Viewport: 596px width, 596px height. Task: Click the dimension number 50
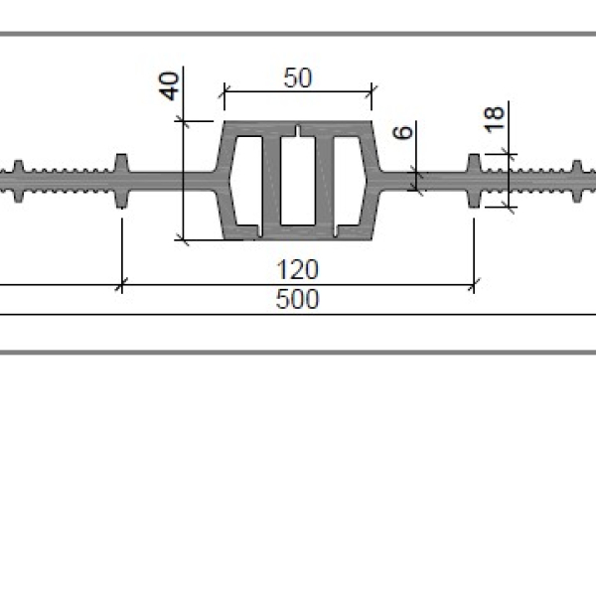[298, 77]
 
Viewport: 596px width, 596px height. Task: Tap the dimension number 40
[169, 85]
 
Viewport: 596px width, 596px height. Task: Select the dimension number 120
[297, 269]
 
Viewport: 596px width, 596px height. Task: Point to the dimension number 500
[297, 299]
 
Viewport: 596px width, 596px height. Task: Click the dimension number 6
[403, 132]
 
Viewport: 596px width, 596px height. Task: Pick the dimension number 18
[494, 120]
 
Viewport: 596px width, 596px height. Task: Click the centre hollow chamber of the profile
[298, 180]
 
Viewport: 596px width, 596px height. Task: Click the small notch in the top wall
[298, 131]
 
